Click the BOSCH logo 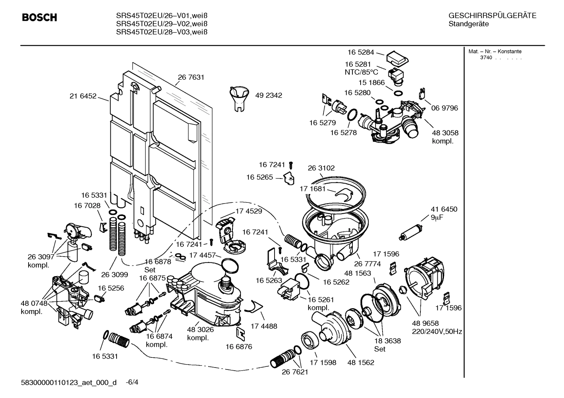40,18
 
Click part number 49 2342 268,95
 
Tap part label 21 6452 83,96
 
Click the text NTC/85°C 361,72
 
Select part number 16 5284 361,52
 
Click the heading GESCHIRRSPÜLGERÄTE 492,16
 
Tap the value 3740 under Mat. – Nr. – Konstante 486,58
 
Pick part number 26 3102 321,168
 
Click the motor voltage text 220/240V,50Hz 437,332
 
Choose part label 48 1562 361,362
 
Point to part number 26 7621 295,372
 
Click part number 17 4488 264,326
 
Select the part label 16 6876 239,346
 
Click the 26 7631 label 191,77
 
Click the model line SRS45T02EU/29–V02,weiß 162,24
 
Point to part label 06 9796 444,108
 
